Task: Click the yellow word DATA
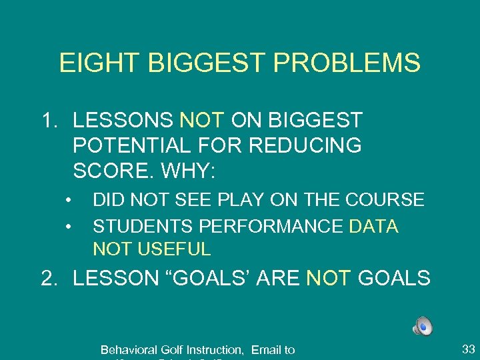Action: click(x=373, y=227)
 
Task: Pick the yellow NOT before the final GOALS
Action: click(x=329, y=278)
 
